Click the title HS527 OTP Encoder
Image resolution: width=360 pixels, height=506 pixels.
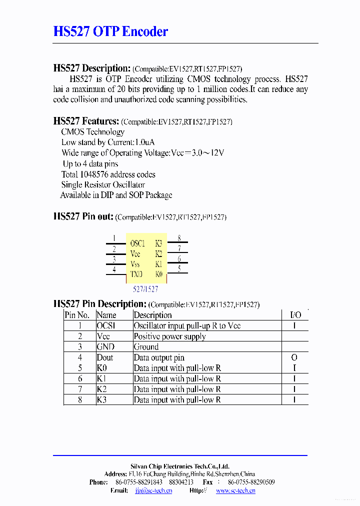coord(110,32)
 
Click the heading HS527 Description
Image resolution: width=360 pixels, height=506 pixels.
coord(91,68)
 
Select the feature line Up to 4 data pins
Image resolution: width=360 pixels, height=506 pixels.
coord(90,164)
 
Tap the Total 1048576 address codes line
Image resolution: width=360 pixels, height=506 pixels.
coord(108,174)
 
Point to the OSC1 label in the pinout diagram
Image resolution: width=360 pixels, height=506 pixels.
coord(137,243)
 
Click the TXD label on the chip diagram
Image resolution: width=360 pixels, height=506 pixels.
coord(136,274)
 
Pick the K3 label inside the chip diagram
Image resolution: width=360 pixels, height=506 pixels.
coord(158,243)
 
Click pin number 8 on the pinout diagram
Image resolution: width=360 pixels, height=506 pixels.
coord(179,238)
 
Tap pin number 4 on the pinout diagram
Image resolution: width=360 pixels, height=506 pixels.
coord(114,269)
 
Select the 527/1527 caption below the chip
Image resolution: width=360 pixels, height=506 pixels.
coord(145,289)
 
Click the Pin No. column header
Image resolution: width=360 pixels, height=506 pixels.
coord(77,315)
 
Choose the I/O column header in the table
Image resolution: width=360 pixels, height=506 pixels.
coord(295,315)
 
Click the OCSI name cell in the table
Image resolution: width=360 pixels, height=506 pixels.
coord(106,326)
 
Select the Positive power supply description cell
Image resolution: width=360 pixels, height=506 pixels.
coord(169,336)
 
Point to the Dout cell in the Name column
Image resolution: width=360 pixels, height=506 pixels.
coord(105,357)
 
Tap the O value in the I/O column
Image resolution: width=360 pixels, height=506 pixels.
coord(294,357)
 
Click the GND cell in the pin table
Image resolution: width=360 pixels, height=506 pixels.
coord(105,347)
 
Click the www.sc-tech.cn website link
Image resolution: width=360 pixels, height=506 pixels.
coord(235,490)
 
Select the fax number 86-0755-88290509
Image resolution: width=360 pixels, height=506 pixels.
coord(251,482)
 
